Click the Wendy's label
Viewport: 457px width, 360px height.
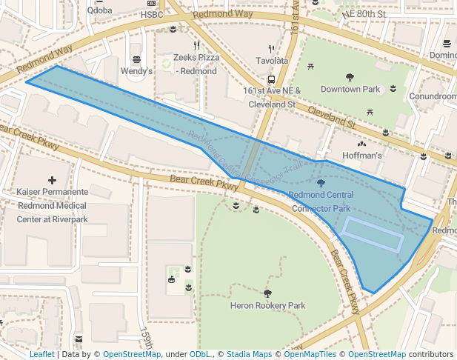pyautogui.click(x=136, y=71)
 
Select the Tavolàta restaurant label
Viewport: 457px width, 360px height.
pyautogui.click(x=271, y=60)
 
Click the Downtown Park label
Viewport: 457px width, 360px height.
pyautogui.click(x=350, y=90)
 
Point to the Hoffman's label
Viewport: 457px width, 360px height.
pyautogui.click(x=362, y=156)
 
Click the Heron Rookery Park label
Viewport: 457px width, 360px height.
pyautogui.click(x=267, y=305)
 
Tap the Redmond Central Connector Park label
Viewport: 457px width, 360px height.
pyautogui.click(x=321, y=201)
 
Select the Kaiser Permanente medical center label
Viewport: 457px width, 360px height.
pyautogui.click(x=52, y=205)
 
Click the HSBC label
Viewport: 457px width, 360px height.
pyautogui.click(x=151, y=14)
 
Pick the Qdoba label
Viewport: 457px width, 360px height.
pyautogui.click(x=99, y=10)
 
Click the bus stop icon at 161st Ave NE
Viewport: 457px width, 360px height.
pyautogui.click(x=272, y=79)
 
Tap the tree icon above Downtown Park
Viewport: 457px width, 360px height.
pyautogui.click(x=350, y=77)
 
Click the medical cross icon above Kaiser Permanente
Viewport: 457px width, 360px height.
pyautogui.click(x=52, y=180)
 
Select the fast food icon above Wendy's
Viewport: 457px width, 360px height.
pyautogui.click(x=136, y=59)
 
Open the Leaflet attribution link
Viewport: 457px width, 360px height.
pyautogui.click(x=41, y=354)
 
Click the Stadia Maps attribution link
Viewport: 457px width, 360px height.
pyautogui.click(x=251, y=354)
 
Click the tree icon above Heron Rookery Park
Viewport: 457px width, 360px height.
pyautogui.click(x=267, y=293)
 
